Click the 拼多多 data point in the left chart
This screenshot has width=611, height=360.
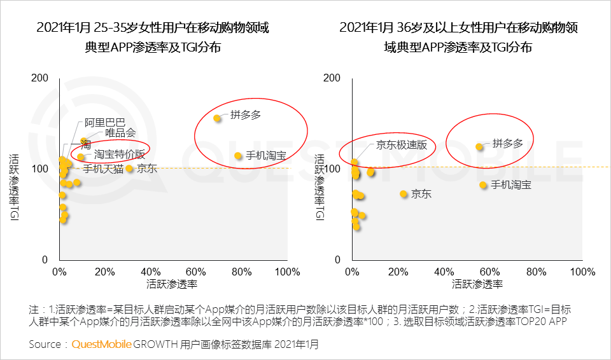tap(217, 118)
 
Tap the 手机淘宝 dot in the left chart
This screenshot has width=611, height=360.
tap(238, 156)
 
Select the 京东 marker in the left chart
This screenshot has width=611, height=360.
tap(129, 169)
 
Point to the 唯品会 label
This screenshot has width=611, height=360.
tap(120, 133)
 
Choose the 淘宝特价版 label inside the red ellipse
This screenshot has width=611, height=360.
tap(120, 155)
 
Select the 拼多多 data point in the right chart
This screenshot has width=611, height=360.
tap(479, 146)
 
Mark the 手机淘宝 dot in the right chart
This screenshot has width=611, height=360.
tap(483, 185)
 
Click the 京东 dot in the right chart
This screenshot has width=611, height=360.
tap(403, 194)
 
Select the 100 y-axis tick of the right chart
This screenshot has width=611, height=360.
tap(333, 169)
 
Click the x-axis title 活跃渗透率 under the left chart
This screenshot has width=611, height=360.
tap(172, 284)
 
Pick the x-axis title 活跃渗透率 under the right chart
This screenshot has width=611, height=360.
tap(477, 284)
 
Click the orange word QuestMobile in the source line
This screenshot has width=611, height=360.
tap(102, 345)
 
